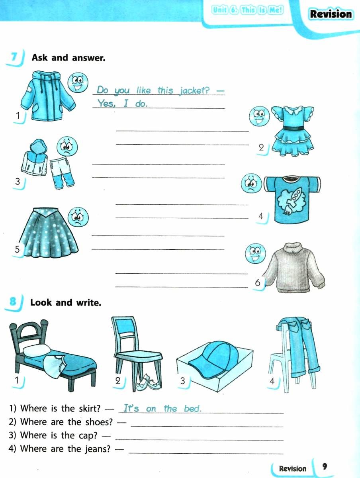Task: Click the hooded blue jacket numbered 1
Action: [48, 96]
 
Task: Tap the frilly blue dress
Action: [293, 131]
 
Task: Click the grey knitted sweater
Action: [294, 268]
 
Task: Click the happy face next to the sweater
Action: [255, 253]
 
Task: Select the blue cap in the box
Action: [214, 360]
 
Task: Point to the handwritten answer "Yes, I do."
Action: [122, 103]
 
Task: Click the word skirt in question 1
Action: [90, 408]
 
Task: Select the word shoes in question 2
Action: [99, 422]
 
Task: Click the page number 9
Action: [325, 466]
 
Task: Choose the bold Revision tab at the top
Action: [331, 14]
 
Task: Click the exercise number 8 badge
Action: [13, 302]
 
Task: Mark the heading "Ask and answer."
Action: [68, 58]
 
